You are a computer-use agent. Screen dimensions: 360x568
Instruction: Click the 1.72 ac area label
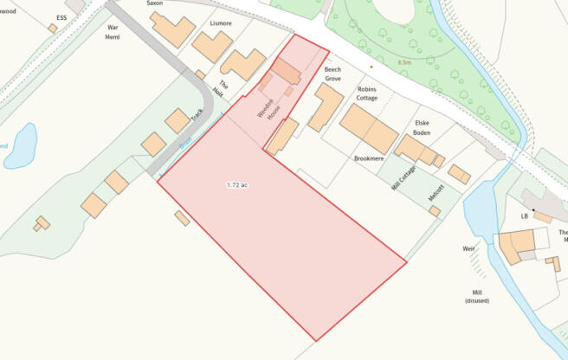(x=236, y=185)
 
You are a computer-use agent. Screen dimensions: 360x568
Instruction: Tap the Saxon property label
(x=154, y=3)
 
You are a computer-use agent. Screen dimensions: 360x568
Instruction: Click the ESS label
(x=61, y=17)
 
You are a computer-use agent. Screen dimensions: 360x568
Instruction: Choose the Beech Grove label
(x=333, y=74)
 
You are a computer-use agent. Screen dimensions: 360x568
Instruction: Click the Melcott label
(x=436, y=192)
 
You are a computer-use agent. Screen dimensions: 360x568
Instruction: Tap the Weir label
(x=468, y=248)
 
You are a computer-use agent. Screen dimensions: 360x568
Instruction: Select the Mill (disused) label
(x=476, y=297)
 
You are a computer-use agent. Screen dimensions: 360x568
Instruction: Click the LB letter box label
(x=524, y=215)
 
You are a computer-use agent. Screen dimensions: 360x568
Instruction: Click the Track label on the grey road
(x=197, y=117)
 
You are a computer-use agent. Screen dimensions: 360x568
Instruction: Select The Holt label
(x=223, y=87)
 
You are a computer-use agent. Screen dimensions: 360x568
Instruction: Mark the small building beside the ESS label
(x=53, y=29)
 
